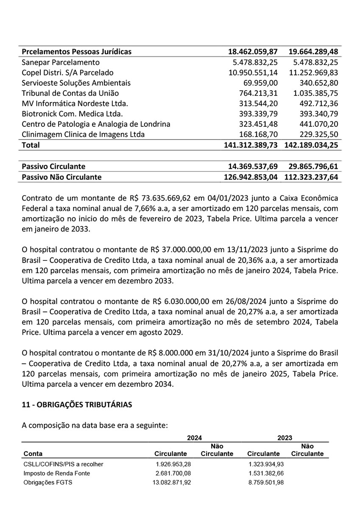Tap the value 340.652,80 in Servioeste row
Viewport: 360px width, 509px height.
click(314, 83)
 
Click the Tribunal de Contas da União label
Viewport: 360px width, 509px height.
click(70, 93)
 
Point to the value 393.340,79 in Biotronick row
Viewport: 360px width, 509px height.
click(314, 114)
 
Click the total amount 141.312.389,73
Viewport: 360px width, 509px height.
click(251, 145)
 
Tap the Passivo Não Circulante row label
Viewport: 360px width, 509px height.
click(61, 177)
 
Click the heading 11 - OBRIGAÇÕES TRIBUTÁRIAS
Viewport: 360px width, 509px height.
click(77, 405)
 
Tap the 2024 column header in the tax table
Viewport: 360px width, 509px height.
click(195, 437)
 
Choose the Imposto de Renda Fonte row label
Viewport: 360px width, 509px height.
click(57, 473)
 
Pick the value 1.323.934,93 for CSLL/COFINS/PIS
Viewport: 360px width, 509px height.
click(267, 464)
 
